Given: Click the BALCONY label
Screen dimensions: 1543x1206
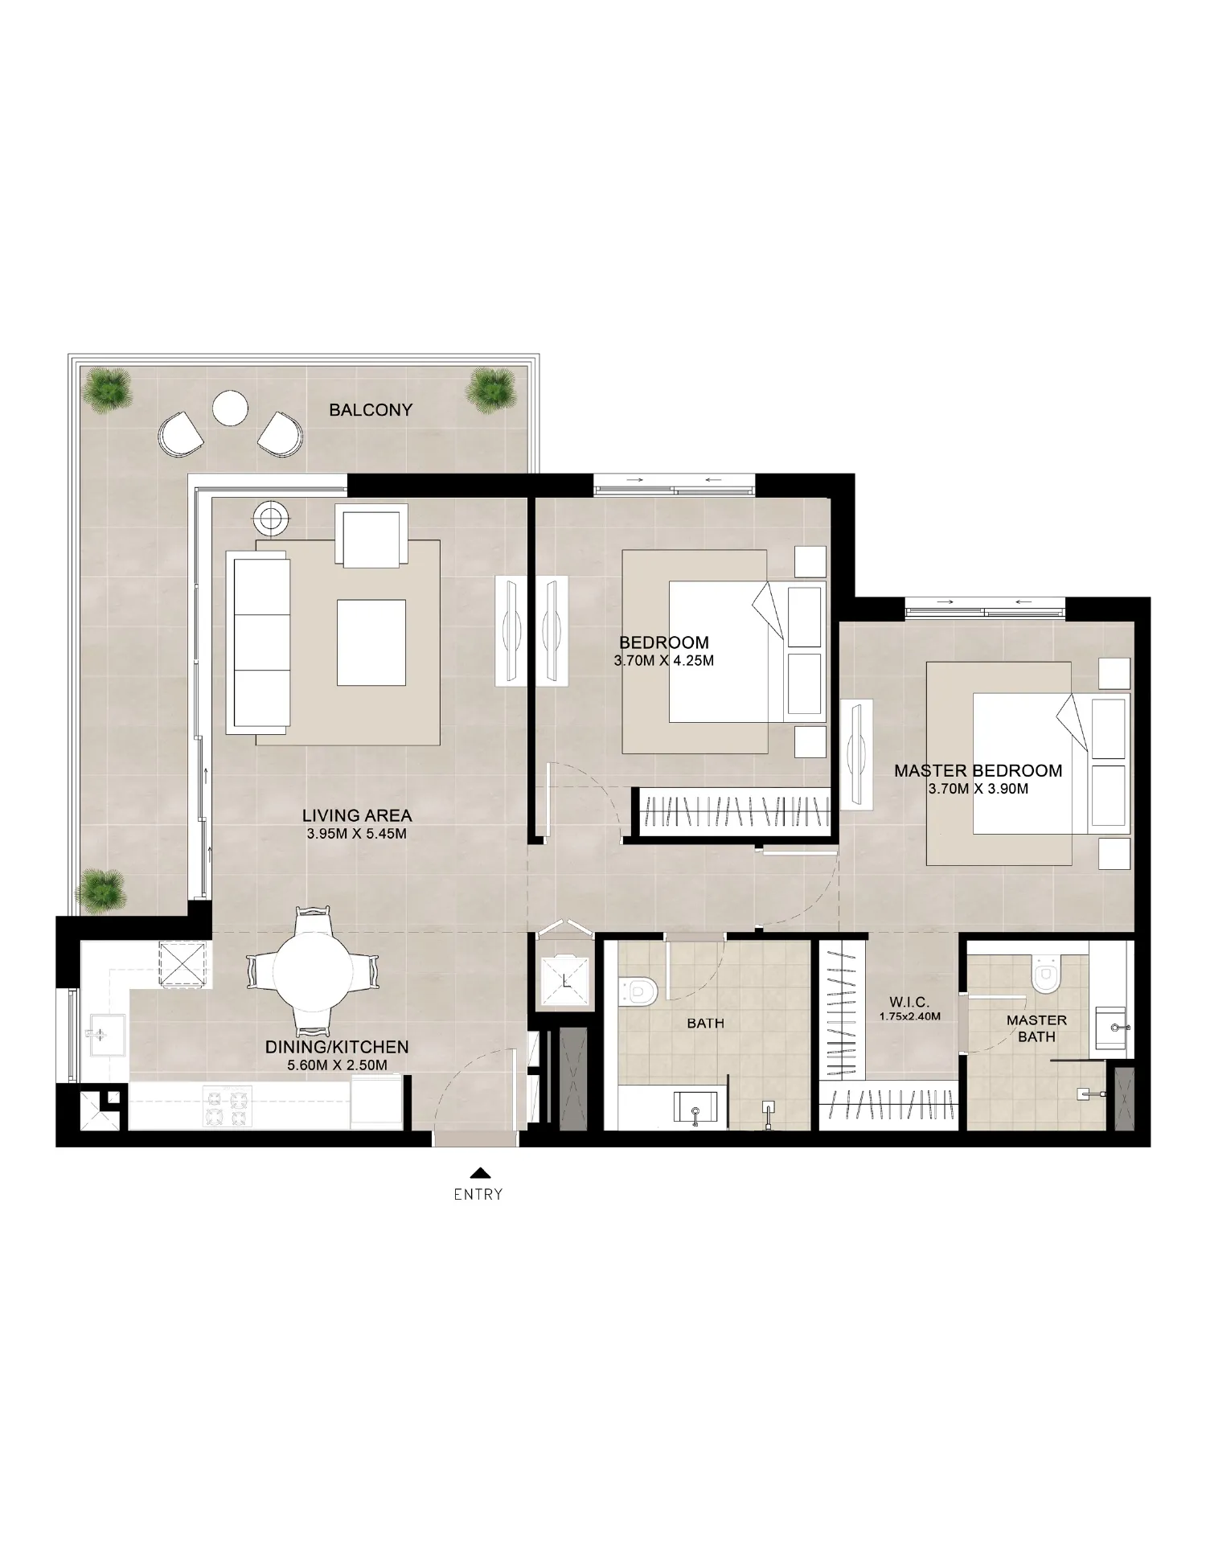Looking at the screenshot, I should click(x=371, y=410).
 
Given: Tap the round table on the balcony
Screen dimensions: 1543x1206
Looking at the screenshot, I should click(x=231, y=408).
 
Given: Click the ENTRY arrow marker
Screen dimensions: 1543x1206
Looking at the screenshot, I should click(x=479, y=1172).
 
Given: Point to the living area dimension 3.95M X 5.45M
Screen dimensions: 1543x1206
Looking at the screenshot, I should click(x=356, y=835).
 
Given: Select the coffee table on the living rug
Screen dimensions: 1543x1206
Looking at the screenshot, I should click(x=371, y=642).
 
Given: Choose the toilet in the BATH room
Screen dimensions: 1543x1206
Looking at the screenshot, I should click(x=639, y=991).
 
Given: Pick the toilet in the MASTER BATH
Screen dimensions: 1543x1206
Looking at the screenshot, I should click(x=1044, y=975).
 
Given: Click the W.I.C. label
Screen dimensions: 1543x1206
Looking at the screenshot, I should click(x=909, y=1002).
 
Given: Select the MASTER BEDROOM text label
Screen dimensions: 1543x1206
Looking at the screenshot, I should click(x=978, y=771).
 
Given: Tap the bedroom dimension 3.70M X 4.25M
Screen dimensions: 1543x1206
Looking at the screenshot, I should click(x=663, y=662).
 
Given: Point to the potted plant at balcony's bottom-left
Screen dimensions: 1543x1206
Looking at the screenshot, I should click(x=101, y=889).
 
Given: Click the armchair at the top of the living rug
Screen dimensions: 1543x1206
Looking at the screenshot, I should click(x=371, y=537).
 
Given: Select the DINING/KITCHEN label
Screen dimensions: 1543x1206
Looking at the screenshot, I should click(x=337, y=1047).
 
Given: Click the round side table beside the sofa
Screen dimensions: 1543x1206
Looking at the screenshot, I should click(x=272, y=519).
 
